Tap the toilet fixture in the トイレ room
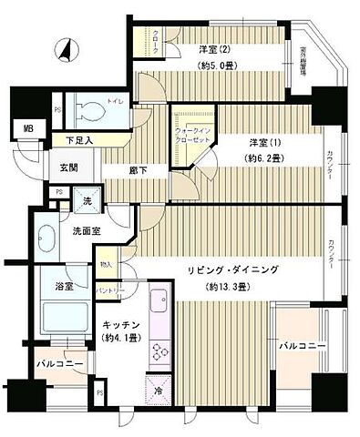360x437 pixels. click(x=91, y=110)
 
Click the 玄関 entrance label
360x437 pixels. click(x=70, y=168)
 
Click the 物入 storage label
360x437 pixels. click(x=106, y=265)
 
